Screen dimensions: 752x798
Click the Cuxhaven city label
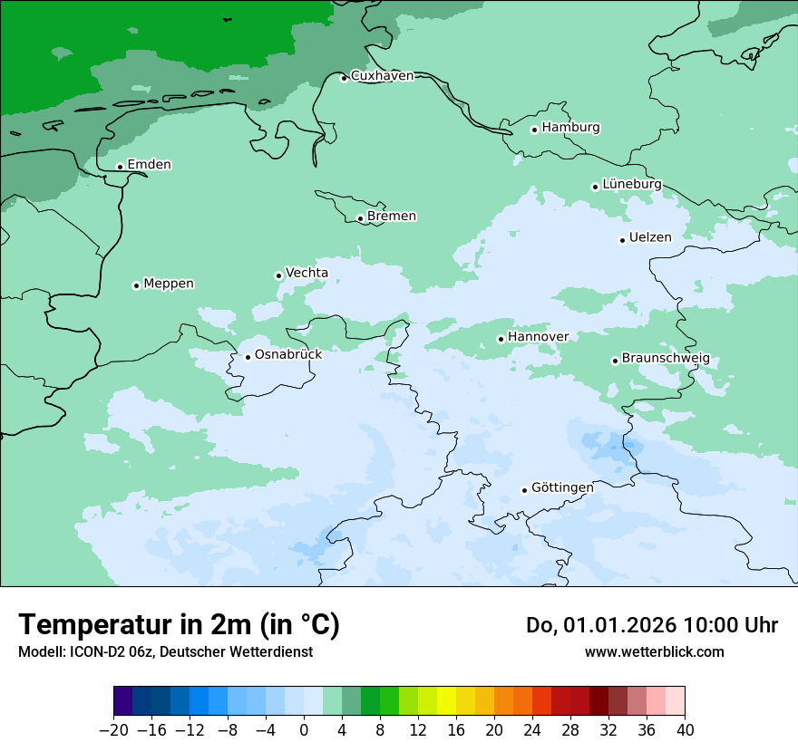[382, 76]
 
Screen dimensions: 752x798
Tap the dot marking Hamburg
[534, 130]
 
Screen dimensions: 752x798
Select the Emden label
[149, 165]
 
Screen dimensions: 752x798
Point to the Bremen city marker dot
[360, 218]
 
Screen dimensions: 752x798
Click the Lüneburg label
[631, 184]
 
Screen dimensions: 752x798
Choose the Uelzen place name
[650, 237]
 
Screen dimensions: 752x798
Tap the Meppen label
[168, 284]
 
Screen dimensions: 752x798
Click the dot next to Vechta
[278, 275]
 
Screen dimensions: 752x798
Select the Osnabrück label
[287, 354]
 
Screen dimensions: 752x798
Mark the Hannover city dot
[501, 339]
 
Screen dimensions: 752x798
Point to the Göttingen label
[562, 487]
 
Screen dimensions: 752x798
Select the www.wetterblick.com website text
[654, 651]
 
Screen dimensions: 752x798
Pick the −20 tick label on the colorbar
[113, 729]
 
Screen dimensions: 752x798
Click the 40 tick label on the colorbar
[685, 729]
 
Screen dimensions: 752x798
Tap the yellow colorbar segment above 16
[446, 701]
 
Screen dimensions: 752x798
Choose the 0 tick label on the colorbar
[304, 729]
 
